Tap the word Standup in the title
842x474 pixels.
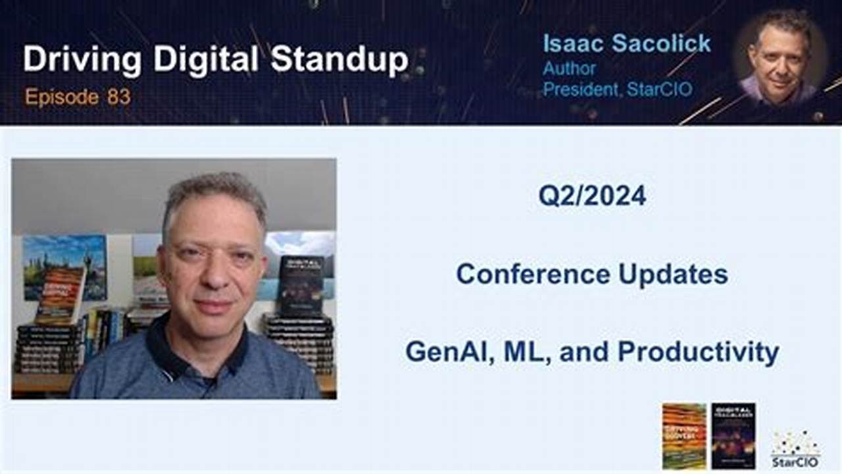[339, 61]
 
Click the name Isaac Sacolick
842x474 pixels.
[626, 43]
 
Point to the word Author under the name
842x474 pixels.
[569, 68]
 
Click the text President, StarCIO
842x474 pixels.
[617, 89]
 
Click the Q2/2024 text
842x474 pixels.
[592, 196]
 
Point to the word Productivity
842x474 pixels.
[699, 352]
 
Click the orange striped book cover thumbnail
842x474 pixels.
[683, 436]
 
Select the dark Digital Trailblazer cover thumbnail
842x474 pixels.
[733, 436]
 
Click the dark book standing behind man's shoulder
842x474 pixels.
[301, 284]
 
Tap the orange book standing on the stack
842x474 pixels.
[61, 294]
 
